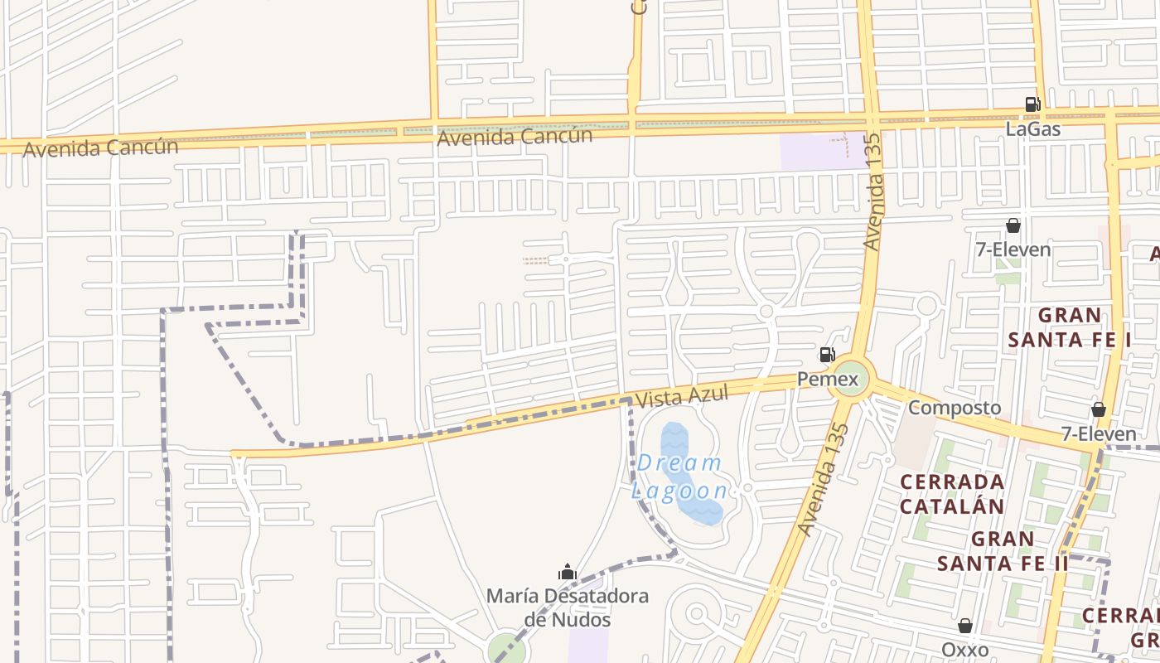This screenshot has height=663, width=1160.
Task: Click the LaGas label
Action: tap(1032, 129)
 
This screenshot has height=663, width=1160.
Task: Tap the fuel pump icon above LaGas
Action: tap(1032, 104)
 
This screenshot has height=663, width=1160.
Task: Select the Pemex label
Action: tap(828, 380)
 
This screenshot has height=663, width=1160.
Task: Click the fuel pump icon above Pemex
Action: tap(827, 355)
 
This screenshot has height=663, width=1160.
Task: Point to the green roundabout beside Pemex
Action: tap(853, 378)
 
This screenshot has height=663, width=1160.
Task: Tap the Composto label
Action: tap(955, 408)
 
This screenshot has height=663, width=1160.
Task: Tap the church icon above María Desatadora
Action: tap(568, 572)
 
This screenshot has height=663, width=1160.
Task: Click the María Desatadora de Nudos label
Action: tap(568, 607)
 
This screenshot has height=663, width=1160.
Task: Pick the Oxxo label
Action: tap(965, 649)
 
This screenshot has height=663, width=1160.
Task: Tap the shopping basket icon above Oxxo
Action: tap(965, 626)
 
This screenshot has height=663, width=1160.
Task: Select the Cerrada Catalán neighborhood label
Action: tap(952, 494)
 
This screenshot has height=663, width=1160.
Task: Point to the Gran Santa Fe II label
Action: tap(1003, 551)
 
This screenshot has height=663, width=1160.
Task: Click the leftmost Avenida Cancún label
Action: tap(100, 148)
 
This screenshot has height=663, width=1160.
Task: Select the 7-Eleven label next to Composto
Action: tap(1099, 433)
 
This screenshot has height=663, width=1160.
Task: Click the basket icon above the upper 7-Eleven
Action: tap(1013, 225)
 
